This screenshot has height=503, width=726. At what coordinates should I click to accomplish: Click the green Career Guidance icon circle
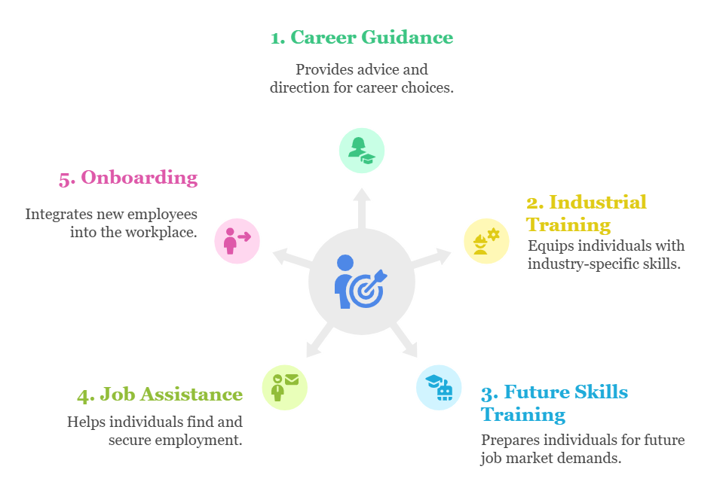[361, 151]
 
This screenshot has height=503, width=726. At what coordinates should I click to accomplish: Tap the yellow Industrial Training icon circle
[486, 241]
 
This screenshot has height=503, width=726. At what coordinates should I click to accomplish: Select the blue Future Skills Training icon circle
[439, 388]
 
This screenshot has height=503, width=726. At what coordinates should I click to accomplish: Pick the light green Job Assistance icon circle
[284, 388]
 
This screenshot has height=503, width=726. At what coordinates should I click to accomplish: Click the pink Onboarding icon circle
[237, 241]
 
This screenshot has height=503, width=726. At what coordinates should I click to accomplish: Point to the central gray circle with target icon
[362, 284]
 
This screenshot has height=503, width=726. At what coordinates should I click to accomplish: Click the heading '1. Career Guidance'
[361, 37]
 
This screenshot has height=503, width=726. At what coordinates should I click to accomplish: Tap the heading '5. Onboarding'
[128, 178]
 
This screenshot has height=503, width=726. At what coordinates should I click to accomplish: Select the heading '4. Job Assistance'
[160, 395]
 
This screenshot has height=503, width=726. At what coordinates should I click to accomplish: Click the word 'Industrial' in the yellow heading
[598, 202]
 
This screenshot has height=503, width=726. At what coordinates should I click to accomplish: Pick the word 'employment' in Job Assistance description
[198, 440]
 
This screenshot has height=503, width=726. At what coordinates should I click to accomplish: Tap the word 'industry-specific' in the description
[581, 264]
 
